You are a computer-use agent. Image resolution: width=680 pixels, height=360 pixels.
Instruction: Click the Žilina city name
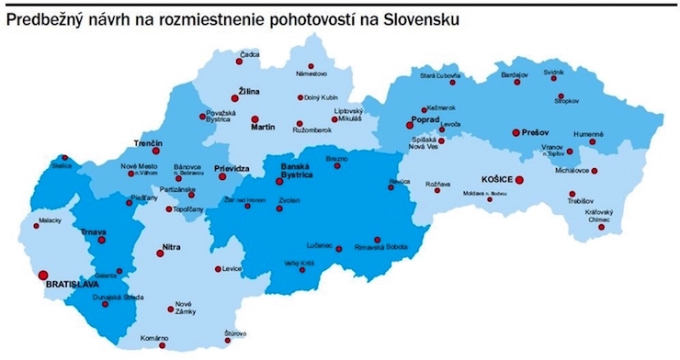pos(249,92)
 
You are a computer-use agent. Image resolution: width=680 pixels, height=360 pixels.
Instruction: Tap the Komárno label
pos(155,339)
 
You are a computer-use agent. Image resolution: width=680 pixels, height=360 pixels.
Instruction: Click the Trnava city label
pos(94,231)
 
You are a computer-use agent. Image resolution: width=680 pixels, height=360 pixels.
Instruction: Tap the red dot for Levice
pos(217,269)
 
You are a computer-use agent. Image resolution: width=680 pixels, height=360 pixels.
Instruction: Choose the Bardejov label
pos(514,73)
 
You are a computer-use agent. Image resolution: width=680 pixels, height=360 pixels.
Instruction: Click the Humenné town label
pos(587,133)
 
